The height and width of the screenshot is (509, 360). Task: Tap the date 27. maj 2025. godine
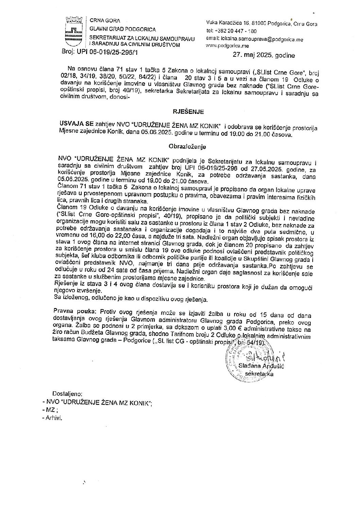(x=264, y=55)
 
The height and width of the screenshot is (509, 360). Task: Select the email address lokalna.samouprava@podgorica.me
(x=261, y=39)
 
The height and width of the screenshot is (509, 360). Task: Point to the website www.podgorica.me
(x=227, y=46)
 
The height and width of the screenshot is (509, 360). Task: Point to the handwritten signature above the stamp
(x=259, y=357)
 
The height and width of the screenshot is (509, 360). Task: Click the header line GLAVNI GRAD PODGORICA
(x=122, y=30)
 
